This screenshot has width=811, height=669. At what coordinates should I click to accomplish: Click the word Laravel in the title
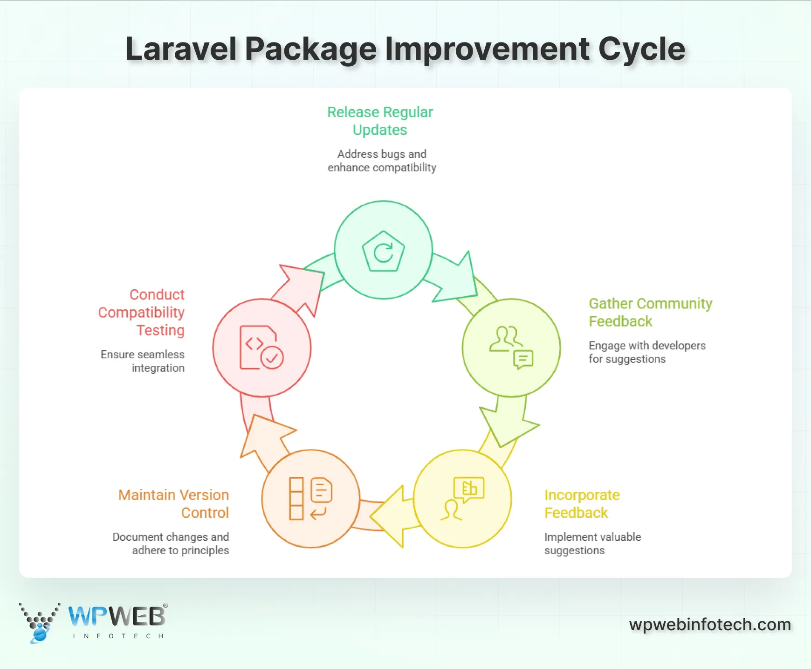click(181, 49)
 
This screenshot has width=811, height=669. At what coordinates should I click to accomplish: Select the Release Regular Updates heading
click(380, 121)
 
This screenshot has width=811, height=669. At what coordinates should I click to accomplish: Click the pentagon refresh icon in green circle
click(383, 252)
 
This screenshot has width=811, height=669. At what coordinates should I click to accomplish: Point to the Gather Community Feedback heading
click(650, 312)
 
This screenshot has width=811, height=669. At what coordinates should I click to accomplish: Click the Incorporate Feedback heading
click(582, 503)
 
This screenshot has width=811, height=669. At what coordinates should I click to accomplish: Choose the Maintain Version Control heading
click(173, 503)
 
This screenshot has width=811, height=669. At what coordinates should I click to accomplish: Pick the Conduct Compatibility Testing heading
click(142, 312)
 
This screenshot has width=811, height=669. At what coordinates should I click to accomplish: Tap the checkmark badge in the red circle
click(272, 358)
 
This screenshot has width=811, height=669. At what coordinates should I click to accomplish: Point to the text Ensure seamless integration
click(143, 361)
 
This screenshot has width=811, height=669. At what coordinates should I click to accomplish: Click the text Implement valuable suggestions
click(592, 544)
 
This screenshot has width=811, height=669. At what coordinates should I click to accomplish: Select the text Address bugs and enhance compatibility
click(382, 160)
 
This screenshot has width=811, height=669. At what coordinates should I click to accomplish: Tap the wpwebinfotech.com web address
click(710, 624)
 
